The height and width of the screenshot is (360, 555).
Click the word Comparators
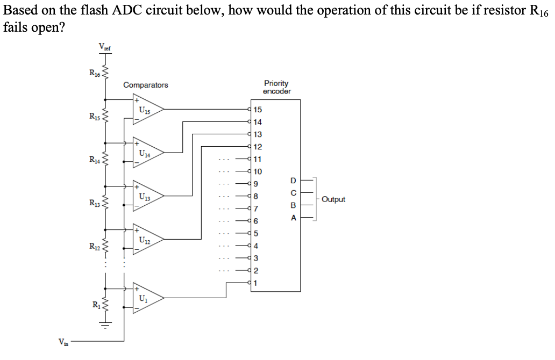pos(145,85)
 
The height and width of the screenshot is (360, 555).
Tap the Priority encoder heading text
pos(276,87)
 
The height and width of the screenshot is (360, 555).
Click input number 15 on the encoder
pos(258,110)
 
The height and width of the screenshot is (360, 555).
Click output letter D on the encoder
pos(293,179)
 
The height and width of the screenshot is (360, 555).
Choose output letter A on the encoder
pos(293,218)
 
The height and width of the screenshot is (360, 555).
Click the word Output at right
pos(333,199)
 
